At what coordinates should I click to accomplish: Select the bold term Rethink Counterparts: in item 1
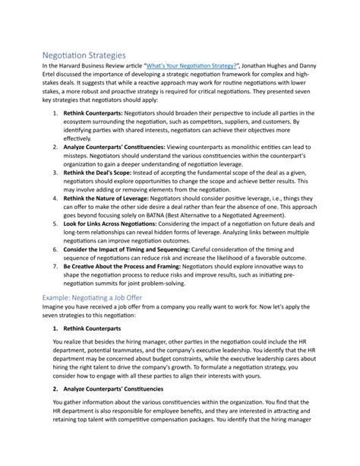[x=93, y=112]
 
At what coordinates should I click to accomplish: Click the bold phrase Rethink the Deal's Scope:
[x=101, y=173]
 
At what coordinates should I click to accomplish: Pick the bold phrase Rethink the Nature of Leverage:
[x=110, y=197]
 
